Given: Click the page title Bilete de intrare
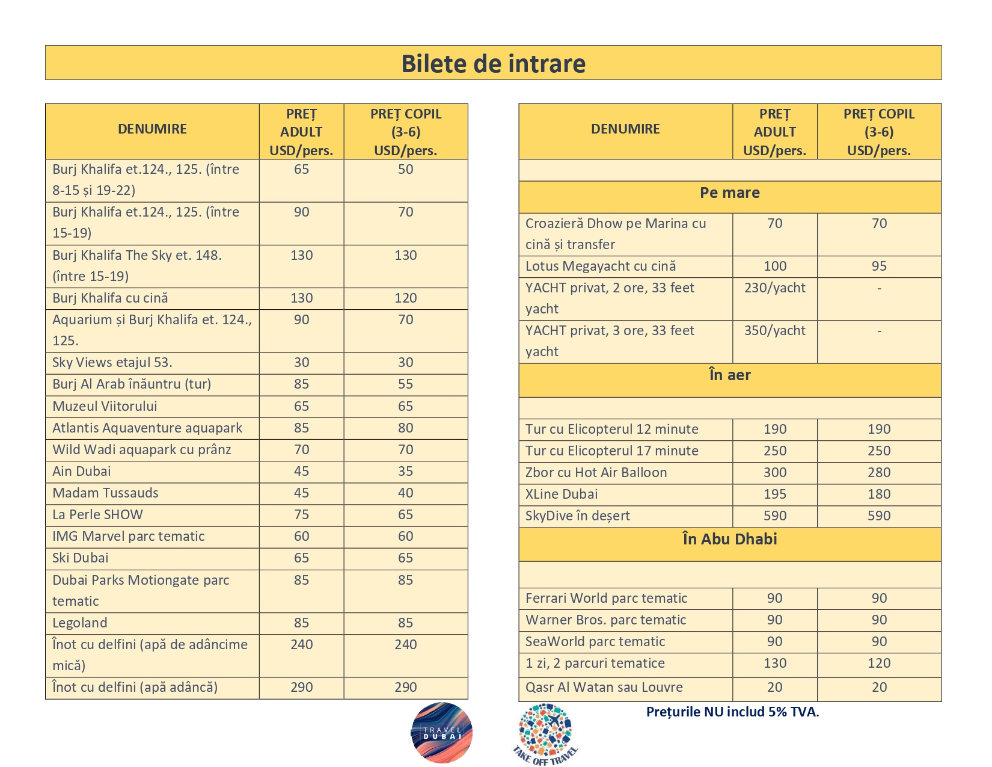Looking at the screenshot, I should pos(493,64).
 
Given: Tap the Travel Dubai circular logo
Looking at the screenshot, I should pos(442,733).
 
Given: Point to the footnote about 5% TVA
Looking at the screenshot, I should pos(732,712).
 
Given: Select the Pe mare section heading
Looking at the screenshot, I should pos(729,193).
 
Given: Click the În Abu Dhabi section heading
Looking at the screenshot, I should pos(729,539).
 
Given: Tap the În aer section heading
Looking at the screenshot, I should pos(729,375).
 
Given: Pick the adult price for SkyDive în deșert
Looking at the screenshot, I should pos(774,516).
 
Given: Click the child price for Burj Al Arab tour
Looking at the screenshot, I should pos(405,384).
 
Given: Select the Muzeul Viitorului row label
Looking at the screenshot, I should pos(105,407).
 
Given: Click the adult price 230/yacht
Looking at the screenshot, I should pos(774,288).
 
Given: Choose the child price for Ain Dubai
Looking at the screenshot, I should pos(405,472).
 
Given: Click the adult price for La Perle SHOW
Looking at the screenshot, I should pos(301,515).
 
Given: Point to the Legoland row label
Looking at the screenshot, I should pos(80,623).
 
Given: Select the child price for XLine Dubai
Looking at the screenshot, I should pos(878,494).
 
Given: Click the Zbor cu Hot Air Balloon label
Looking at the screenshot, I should pos(596,473).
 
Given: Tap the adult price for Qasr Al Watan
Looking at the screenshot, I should pos(774,688).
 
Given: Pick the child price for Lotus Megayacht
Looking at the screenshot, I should pos(878,266).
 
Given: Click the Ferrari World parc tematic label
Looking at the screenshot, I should pos(606,599).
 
